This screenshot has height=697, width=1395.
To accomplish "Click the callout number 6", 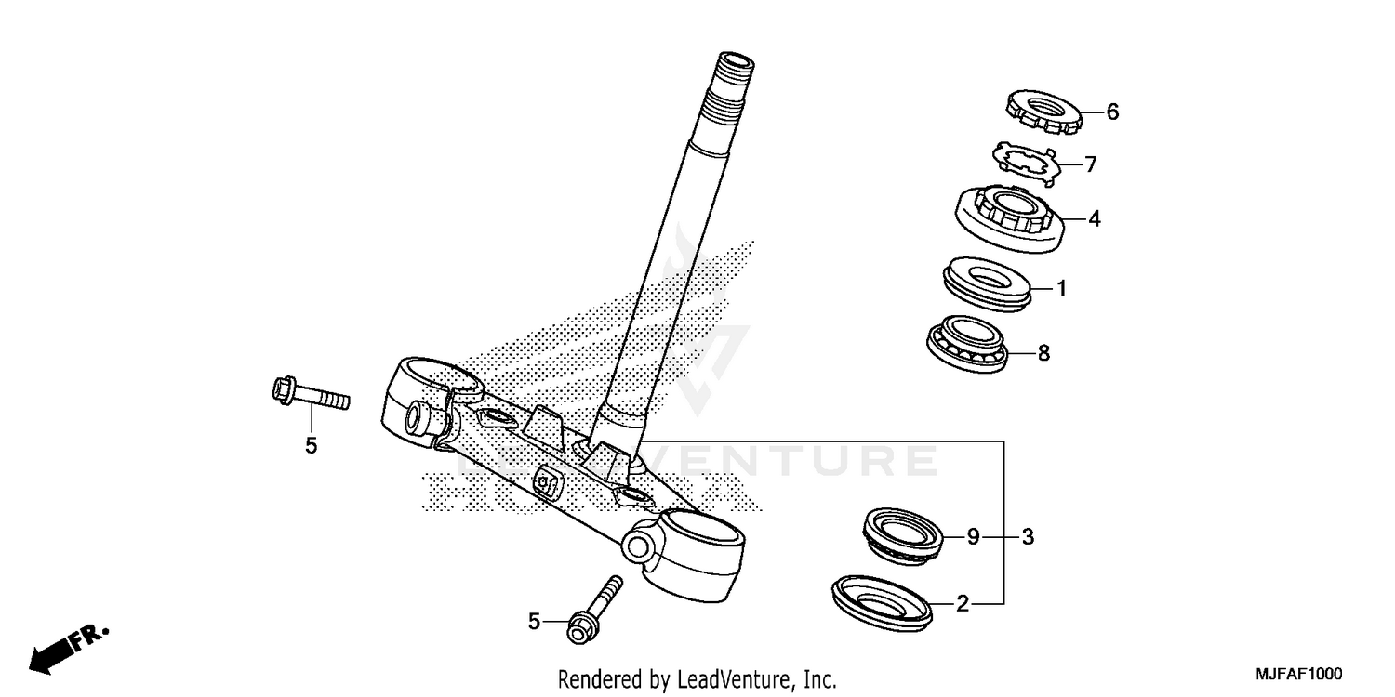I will tap(1112, 112).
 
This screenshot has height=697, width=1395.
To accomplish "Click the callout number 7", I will tap(1091, 165).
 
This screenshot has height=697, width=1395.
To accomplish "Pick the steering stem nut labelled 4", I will tap(1007, 219).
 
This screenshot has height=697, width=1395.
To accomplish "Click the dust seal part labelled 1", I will tap(987, 282).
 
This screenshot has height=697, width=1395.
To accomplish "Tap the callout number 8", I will tap(1043, 353).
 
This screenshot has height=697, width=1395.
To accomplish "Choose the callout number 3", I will tap(1028, 536).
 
